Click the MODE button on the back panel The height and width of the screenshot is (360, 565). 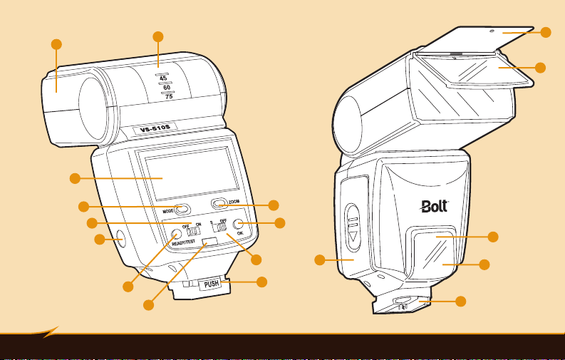(x=183, y=210)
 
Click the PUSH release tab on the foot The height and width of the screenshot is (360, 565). (x=211, y=284)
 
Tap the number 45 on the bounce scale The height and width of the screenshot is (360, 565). (x=164, y=78)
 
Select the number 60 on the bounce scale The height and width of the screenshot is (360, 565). (x=166, y=87)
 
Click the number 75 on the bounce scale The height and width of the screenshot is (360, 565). (x=169, y=96)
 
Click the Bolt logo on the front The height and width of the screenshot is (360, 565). (x=434, y=207)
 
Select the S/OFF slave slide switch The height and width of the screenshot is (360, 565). (x=221, y=227)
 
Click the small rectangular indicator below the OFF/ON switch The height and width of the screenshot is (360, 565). (x=209, y=243)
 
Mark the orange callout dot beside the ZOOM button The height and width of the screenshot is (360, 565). (x=274, y=205)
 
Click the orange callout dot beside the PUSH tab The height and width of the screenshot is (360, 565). (x=261, y=282)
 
